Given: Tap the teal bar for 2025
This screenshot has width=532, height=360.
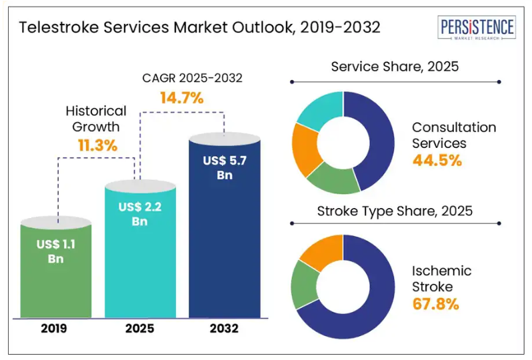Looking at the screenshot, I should pyautogui.click(x=140, y=253).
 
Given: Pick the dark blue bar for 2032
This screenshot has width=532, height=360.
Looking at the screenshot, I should pyautogui.click(x=224, y=233).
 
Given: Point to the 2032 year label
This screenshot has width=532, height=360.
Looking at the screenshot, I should pyautogui.click(x=224, y=329).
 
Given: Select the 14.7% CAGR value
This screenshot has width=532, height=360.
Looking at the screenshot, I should pyautogui.click(x=181, y=98).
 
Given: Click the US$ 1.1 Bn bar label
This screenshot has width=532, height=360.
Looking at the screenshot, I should pyautogui.click(x=56, y=251).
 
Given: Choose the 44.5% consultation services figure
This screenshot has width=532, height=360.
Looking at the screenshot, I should pyautogui.click(x=437, y=160).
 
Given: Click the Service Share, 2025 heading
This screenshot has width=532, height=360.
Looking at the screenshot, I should pyautogui.click(x=395, y=67).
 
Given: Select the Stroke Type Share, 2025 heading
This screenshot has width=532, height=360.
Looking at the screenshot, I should pyautogui.click(x=395, y=212).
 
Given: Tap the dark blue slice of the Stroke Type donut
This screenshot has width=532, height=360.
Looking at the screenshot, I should pyautogui.click(x=373, y=293).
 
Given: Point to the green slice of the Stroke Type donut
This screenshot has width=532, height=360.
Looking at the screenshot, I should pyautogui.click(x=305, y=287).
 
